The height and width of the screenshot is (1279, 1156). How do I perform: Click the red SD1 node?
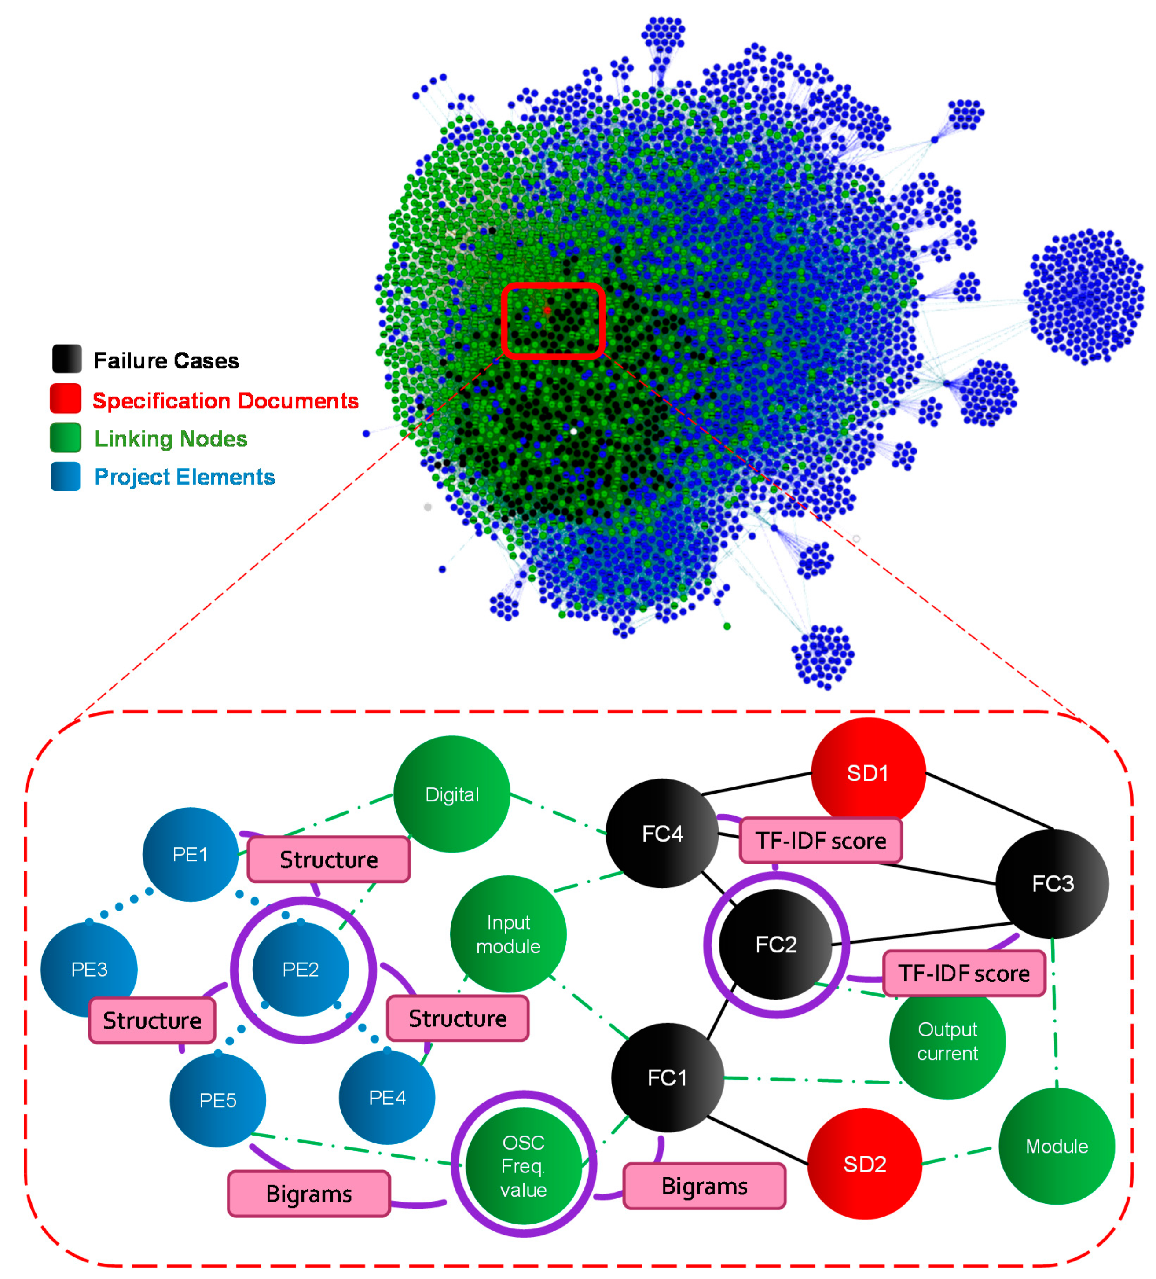coord(867,773)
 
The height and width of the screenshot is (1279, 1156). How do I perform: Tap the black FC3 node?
coord(1052,883)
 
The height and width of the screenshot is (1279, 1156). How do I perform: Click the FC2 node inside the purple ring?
coord(775,944)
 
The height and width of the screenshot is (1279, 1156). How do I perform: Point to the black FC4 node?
coord(662,833)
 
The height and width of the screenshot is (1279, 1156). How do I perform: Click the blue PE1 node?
coord(191,854)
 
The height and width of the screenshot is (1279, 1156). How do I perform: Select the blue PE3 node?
coord(89,969)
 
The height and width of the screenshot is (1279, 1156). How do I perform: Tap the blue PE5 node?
coord(218,1099)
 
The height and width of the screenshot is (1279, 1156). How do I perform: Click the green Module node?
coord(1057,1146)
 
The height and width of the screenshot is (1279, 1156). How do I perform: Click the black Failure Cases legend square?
coord(66,358)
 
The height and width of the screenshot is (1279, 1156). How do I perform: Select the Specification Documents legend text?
coord(225,401)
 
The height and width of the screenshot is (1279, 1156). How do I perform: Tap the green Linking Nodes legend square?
coord(66,437)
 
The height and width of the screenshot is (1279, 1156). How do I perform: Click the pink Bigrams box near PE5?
coord(308,1193)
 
